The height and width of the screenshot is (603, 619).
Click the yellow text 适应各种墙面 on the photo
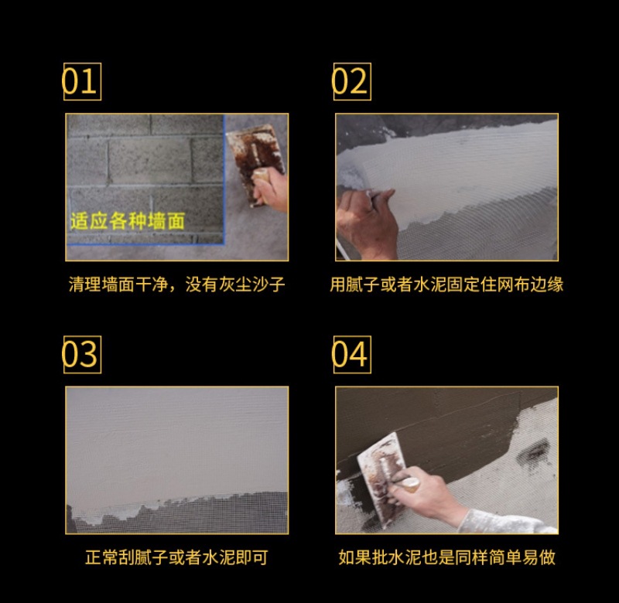tap(128, 221)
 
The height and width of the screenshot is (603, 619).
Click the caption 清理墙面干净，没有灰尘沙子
tap(176, 284)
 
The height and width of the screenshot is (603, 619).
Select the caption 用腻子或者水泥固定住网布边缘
tap(446, 284)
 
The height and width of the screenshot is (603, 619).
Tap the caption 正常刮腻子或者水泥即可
tap(176, 557)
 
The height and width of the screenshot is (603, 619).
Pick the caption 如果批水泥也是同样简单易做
tap(446, 557)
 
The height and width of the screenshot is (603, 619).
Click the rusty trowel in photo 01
tap(254, 158)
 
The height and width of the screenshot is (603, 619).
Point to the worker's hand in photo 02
tap(366, 223)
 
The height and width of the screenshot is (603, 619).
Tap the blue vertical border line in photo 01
tap(224, 179)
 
